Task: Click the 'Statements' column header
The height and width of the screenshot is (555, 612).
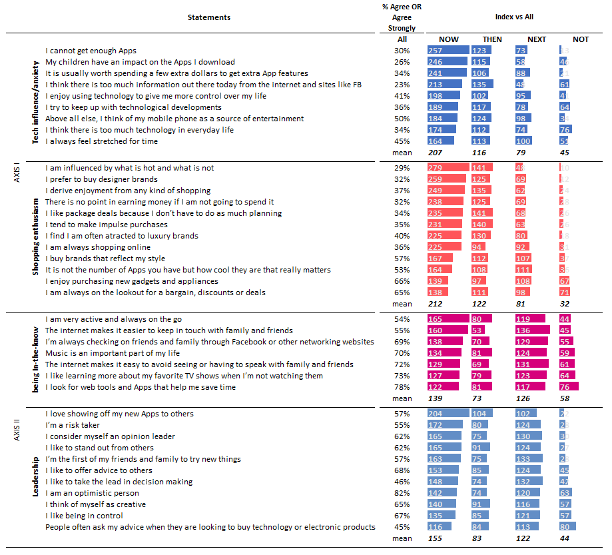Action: point(209,17)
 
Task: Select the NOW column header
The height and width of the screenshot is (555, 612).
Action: point(448,39)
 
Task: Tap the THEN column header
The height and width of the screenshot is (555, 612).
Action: point(492,39)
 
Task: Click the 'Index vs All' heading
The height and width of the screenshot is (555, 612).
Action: point(514,17)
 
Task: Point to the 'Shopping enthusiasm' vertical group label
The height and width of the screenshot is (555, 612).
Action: point(36,231)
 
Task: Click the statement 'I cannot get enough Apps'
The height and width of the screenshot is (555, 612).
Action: point(91,51)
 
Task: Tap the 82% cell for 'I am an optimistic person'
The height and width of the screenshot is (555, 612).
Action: point(402,493)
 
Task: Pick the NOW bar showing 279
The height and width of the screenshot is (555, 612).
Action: point(449,168)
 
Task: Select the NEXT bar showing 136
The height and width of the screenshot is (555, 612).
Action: point(532,330)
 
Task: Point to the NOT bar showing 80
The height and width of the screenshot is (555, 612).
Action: point(569,527)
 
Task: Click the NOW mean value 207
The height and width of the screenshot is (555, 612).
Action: point(436,153)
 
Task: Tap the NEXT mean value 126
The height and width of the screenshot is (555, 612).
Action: point(523,398)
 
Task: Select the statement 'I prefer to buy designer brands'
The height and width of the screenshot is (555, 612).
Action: point(101,179)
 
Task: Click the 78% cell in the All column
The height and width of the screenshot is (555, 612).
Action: point(402,387)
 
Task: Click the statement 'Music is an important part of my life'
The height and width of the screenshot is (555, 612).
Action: point(113,353)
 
